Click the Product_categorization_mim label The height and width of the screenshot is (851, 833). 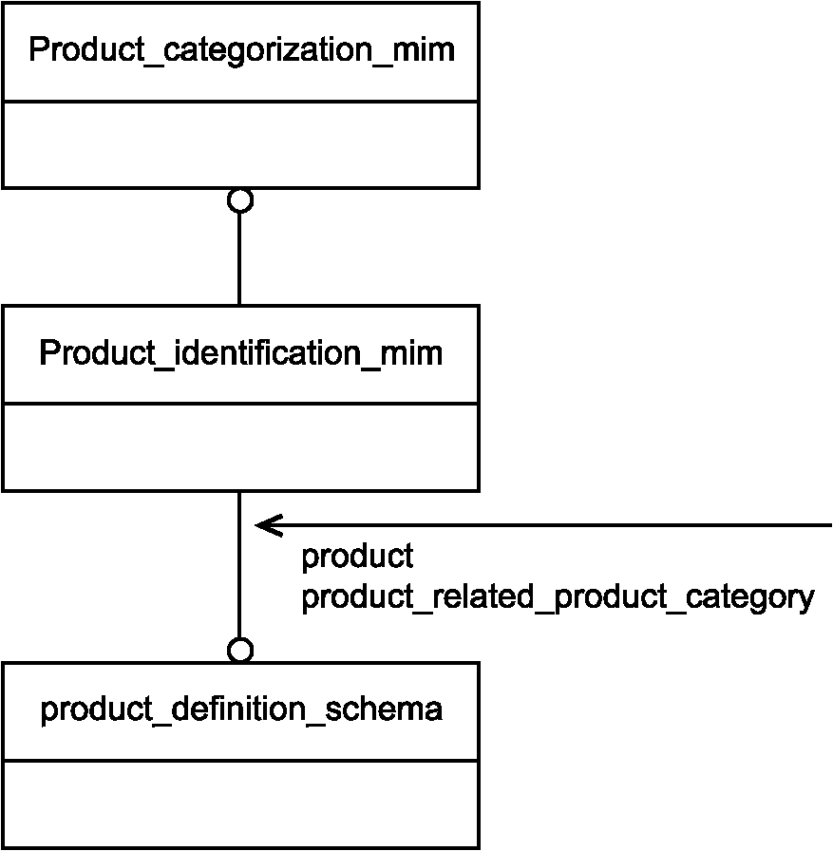(241, 50)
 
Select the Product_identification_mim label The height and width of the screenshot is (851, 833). (241, 353)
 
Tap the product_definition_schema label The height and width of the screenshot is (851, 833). (241, 709)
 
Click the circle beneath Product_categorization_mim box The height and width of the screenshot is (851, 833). (240, 200)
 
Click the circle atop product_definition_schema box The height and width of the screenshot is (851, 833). (240, 650)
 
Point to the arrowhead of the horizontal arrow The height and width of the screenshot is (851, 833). (256, 525)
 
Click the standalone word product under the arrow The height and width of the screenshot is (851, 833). (357, 557)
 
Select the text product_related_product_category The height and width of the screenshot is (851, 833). (558, 597)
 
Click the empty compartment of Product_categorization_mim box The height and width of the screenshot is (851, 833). (241, 145)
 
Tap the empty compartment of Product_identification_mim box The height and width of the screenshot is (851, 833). (241, 447)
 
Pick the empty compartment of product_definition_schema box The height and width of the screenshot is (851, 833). (241, 804)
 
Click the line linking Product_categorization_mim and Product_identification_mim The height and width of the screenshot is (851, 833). (239, 259)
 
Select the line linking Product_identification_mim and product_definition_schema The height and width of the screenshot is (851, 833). (239, 564)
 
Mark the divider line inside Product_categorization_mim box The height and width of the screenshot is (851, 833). (241, 101)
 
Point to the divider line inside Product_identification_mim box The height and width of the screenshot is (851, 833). (241, 404)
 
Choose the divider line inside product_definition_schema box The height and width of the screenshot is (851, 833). (241, 761)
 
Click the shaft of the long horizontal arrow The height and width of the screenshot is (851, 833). (543, 525)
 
